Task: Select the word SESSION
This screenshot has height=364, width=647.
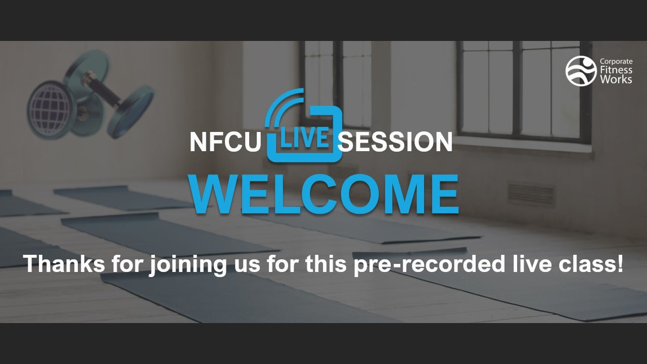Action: click(x=395, y=143)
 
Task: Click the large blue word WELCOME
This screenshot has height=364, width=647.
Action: click(x=324, y=195)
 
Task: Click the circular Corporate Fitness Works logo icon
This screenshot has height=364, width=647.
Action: click(x=581, y=71)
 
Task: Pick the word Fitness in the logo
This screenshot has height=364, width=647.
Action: click(x=615, y=71)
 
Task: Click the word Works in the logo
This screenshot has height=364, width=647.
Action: click(x=615, y=79)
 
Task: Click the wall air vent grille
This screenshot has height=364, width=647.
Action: click(x=531, y=194)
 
